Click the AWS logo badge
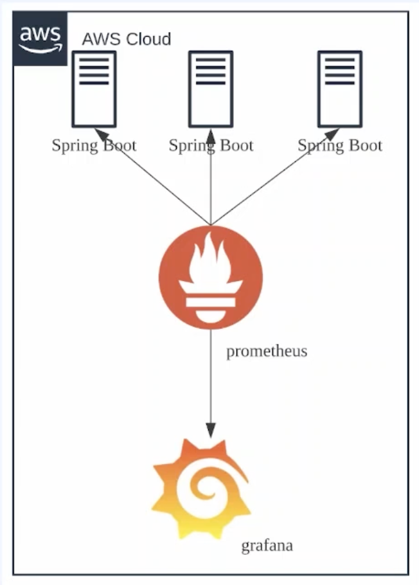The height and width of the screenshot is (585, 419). (40, 39)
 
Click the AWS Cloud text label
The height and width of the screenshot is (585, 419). (126, 39)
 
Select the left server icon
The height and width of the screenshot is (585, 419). (94, 89)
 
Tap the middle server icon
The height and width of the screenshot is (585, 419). (211, 89)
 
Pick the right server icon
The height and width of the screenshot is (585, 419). (340, 89)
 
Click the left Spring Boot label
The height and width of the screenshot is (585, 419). (94, 145)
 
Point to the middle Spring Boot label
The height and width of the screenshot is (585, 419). (211, 145)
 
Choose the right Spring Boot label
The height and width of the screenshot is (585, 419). (340, 145)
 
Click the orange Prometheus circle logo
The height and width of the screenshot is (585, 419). (211, 278)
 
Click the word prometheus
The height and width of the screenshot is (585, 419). (267, 352)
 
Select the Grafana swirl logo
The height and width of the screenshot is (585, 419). (201, 489)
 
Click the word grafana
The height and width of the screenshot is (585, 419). (267, 546)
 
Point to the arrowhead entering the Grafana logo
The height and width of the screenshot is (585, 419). (211, 429)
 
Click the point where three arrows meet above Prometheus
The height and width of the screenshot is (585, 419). (211, 225)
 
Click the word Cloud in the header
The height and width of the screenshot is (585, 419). (148, 39)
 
